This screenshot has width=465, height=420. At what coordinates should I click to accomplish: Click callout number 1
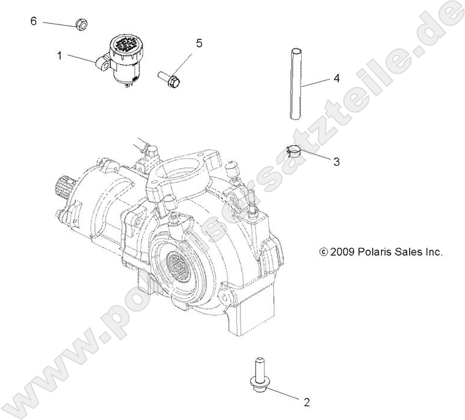[60, 55]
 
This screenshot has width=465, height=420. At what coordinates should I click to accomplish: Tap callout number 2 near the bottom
[307, 402]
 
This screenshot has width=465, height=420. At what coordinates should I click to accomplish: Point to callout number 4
[336, 78]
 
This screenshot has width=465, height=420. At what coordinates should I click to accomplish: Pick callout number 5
[199, 43]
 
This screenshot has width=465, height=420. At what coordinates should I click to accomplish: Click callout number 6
[33, 21]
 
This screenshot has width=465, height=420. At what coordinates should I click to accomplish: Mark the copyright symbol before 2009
[324, 252]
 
